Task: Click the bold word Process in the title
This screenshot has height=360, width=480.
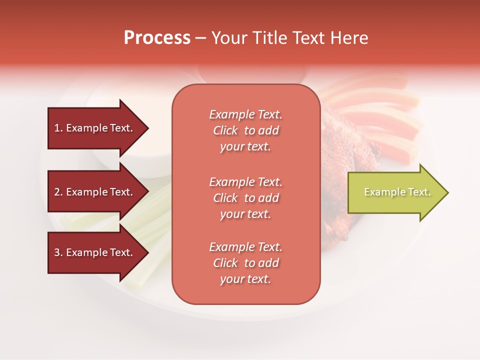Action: coord(157,38)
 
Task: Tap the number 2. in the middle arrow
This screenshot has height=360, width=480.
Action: coord(58,192)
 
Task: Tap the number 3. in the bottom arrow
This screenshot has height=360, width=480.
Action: coord(58,252)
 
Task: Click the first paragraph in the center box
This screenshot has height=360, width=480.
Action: coord(245,130)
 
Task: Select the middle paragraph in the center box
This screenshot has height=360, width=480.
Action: coord(245,198)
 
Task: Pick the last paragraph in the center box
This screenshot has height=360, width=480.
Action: coord(245,263)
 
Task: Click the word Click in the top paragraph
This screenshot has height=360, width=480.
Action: coord(225,130)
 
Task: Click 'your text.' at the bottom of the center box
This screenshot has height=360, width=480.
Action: coord(245,279)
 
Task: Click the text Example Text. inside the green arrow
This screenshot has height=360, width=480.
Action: coord(397,192)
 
